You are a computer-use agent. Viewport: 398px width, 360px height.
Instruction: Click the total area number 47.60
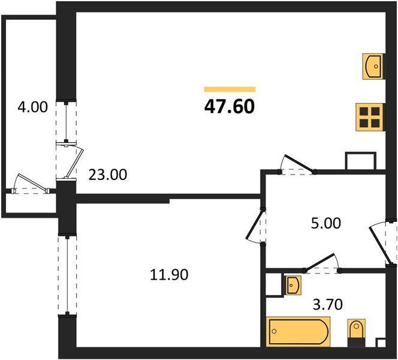tap(230, 107)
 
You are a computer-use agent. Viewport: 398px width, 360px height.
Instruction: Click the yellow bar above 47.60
tap(230, 89)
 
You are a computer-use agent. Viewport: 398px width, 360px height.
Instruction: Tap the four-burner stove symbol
tap(369, 116)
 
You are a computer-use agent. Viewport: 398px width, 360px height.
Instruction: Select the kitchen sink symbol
tap(372, 64)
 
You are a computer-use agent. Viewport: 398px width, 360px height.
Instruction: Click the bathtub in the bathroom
tap(298, 331)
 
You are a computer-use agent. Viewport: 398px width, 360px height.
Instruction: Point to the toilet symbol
tap(356, 332)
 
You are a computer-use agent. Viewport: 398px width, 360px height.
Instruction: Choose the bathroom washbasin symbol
tap(293, 286)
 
